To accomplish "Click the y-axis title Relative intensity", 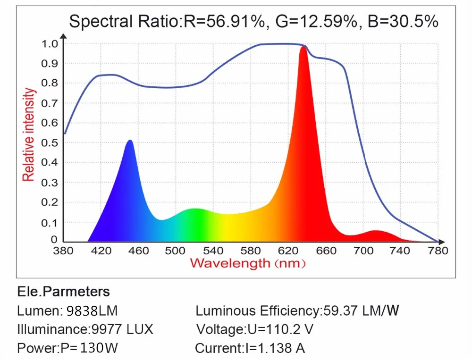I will (29, 134).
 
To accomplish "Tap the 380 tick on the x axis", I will (64, 251).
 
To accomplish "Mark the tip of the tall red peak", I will (303, 47).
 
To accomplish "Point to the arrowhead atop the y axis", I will (64, 34).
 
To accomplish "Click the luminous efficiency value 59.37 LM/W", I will (361, 311).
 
